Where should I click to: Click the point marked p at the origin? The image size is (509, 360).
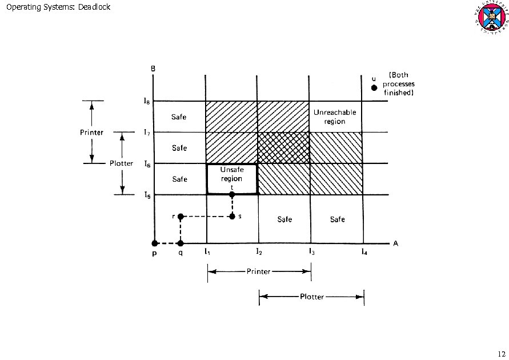coord(154,243)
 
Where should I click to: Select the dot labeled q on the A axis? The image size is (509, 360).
coord(181,243)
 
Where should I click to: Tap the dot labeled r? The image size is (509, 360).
coord(181,217)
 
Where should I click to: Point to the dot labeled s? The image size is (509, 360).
coord(232,217)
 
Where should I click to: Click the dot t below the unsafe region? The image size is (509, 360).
coord(232,195)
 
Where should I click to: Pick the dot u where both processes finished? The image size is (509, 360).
coord(374,88)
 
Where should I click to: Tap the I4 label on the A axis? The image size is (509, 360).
coord(364,252)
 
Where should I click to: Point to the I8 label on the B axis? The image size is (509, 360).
coord(147,101)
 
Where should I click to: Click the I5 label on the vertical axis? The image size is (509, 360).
coord(147,195)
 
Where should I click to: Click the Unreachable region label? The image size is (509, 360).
coord(335,117)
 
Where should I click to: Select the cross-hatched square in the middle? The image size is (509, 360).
coord(284,148)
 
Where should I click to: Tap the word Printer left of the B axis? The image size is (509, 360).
coord(91,133)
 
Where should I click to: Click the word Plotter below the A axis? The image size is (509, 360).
coord(311,297)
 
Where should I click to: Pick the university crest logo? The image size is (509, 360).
coord(488,17)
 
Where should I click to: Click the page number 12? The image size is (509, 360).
coord(501,353)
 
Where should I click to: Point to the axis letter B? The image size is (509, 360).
coord(153,69)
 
